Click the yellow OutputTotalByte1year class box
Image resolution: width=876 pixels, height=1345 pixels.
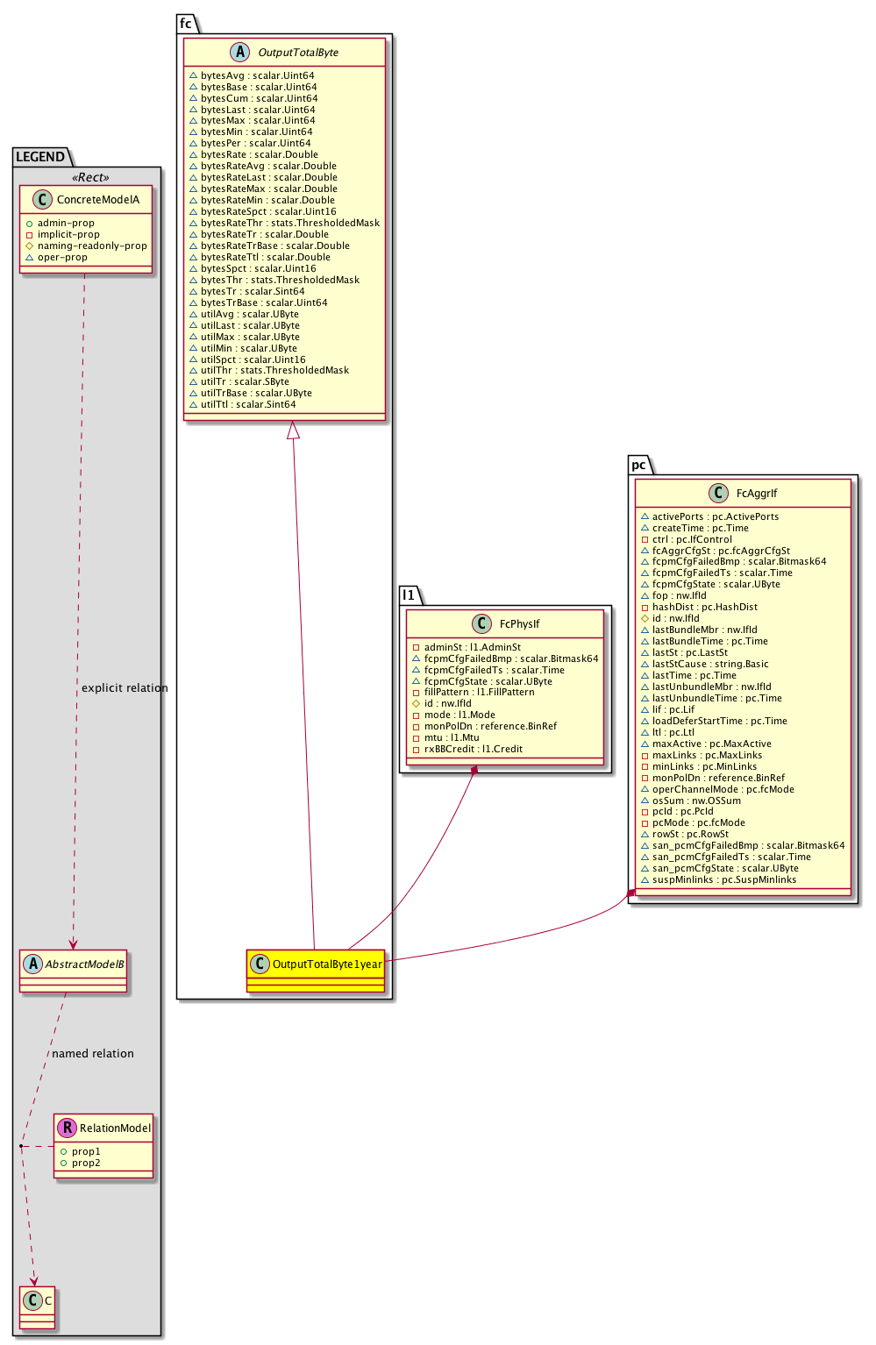pos(316,970)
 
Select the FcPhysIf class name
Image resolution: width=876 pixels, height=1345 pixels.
pos(519,624)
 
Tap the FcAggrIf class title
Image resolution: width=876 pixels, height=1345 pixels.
pos(757,494)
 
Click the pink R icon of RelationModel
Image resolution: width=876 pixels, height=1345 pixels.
pos(67,1128)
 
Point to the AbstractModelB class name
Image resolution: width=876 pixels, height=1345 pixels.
pos(85,964)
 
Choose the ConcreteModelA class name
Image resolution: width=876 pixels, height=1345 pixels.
pos(98,200)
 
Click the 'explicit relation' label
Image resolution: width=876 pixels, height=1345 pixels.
pos(125,688)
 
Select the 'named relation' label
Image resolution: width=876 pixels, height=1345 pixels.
pos(93,1054)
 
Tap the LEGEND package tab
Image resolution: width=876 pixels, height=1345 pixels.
pos(40,157)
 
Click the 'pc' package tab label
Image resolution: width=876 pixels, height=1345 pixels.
pos(638,465)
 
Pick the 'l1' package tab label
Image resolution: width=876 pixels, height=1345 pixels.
pos(409,595)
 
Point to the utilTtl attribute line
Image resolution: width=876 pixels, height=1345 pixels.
pos(248,404)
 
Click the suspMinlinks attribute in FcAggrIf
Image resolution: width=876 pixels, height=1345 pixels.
pos(724,879)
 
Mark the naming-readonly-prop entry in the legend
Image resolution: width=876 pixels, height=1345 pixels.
pos(92,246)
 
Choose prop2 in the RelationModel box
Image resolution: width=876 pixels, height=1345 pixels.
pos(86,1163)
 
